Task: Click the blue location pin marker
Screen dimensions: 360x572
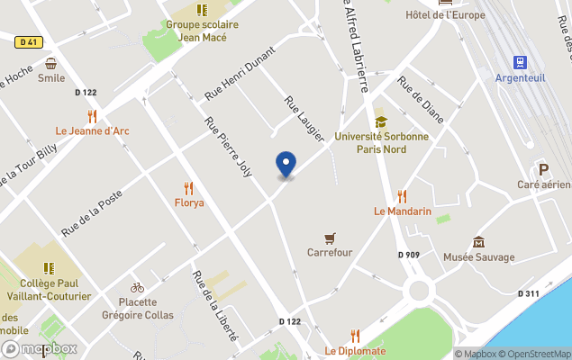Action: coord(286,165)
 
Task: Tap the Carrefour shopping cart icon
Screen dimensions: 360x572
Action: coord(331,238)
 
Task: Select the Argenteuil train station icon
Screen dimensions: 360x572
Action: coord(520,62)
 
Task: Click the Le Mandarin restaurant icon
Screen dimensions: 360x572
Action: coord(403,195)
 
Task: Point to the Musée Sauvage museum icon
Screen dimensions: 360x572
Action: coord(478,242)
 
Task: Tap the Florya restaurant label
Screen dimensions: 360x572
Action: coord(188,202)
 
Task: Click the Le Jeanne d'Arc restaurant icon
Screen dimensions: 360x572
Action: coord(92,116)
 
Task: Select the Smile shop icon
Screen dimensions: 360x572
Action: coord(51,63)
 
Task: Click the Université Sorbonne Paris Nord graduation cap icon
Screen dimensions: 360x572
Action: coord(380,121)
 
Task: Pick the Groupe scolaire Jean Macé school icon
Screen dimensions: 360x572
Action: coord(202,10)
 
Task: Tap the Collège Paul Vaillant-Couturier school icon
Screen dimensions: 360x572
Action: coord(49,268)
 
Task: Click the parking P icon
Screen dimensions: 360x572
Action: coord(543,169)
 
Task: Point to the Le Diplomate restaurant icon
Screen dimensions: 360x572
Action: coord(355,336)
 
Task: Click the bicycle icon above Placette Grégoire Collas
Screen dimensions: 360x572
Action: coord(137,287)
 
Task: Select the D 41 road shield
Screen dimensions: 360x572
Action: coord(27,41)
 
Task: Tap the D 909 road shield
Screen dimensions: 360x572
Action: coord(409,255)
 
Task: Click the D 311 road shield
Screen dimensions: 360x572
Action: coord(529,293)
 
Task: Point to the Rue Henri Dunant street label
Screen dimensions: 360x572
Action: coord(239,72)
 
